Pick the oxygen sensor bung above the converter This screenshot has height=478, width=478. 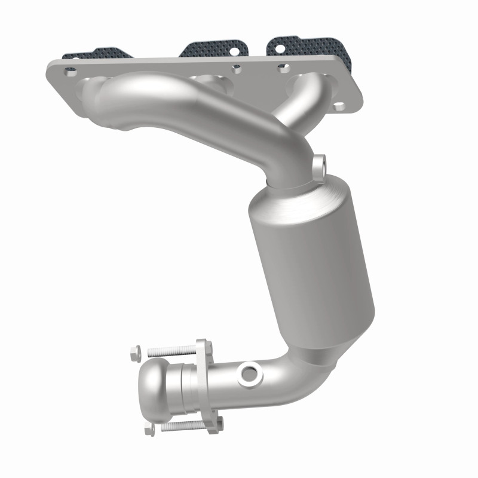[320, 163]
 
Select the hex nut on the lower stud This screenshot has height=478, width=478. [148, 428]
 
